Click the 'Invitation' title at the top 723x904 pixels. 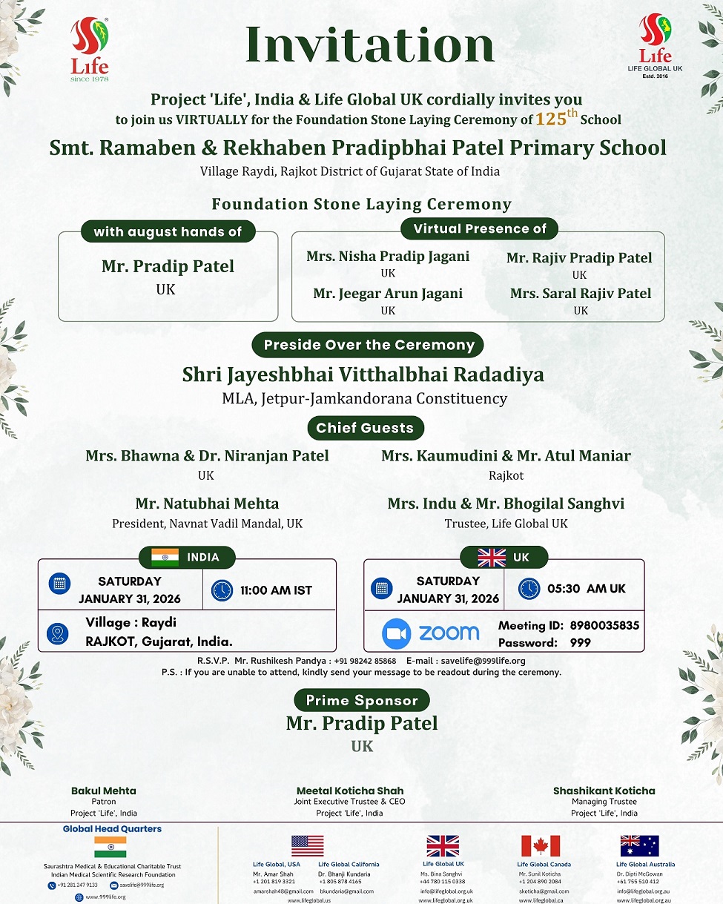(x=369, y=44)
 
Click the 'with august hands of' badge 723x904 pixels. (x=168, y=232)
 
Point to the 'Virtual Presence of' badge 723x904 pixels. (x=479, y=228)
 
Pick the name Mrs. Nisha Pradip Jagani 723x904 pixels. (x=388, y=257)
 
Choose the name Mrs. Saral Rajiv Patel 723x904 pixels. (x=581, y=294)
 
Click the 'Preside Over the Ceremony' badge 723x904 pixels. (x=369, y=345)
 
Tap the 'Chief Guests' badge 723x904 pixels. (x=364, y=428)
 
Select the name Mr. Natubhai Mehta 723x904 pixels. (x=207, y=504)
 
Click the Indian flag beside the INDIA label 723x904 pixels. (x=165, y=558)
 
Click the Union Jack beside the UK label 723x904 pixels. (x=492, y=557)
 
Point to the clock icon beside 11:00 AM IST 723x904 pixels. (x=222, y=590)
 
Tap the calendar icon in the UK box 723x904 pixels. (x=382, y=589)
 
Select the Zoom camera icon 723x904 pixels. (x=396, y=633)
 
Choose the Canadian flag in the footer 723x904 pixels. (x=540, y=845)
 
